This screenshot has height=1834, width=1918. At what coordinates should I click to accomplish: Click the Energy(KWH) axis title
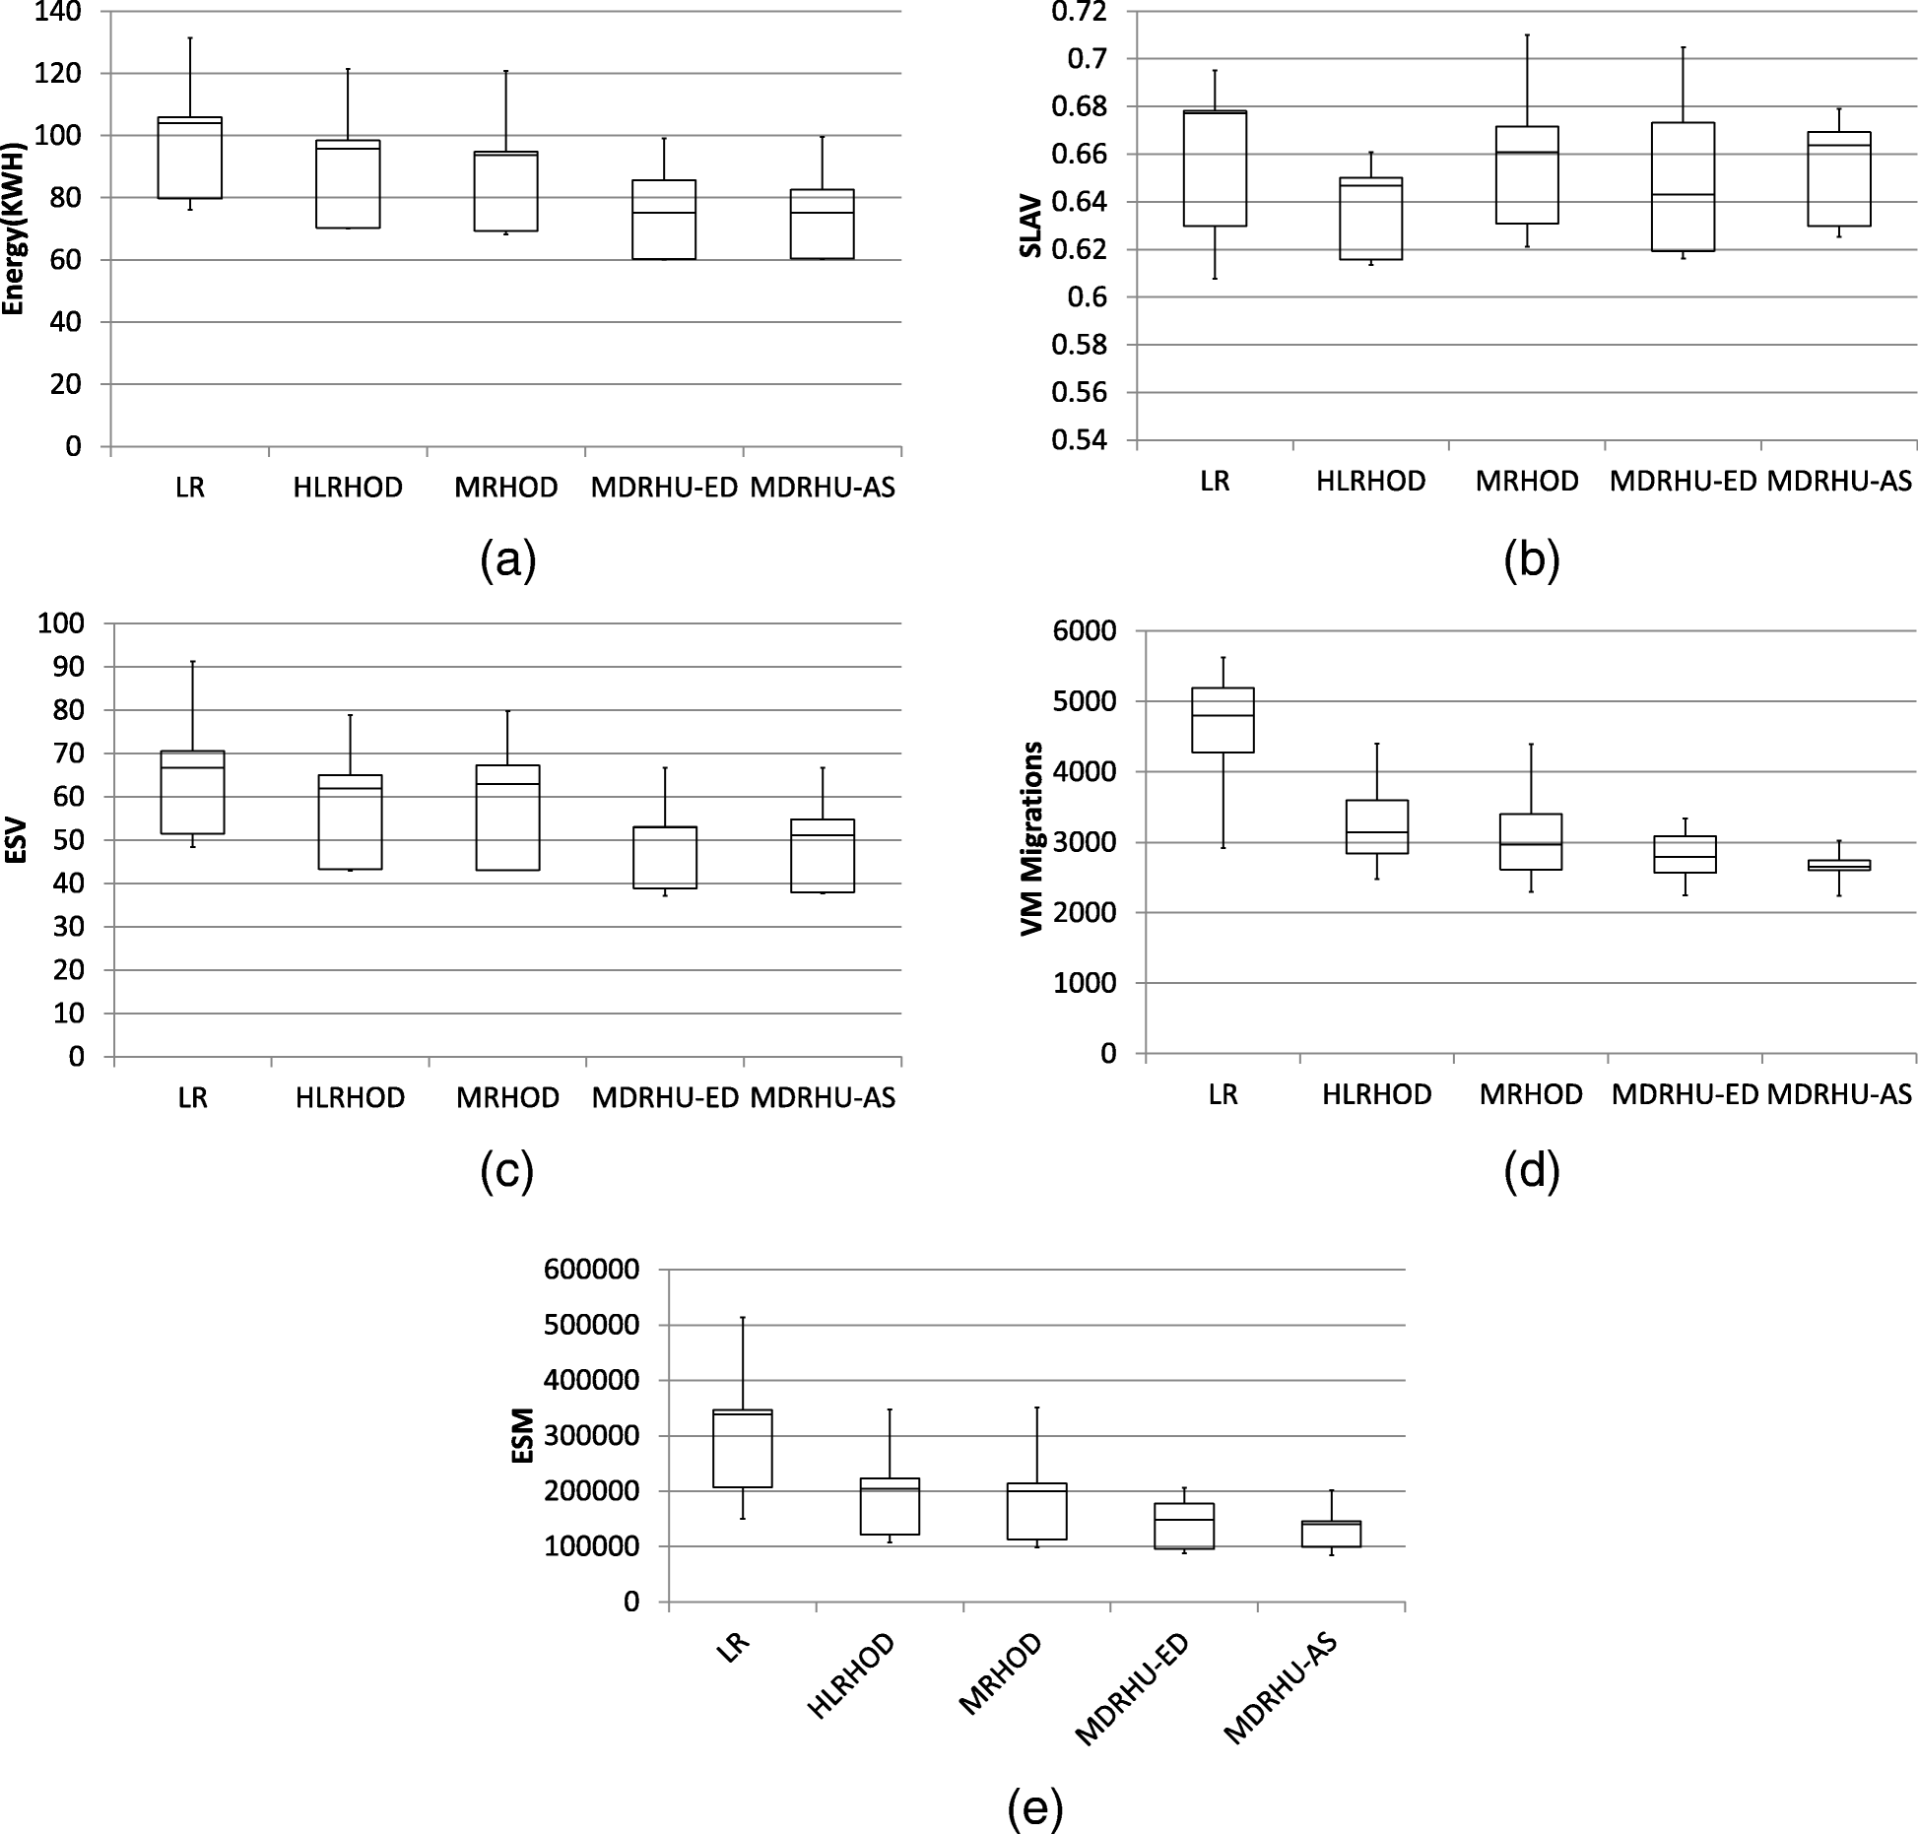pyautogui.click(x=14, y=228)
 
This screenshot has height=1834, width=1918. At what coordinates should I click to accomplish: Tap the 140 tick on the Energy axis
pyautogui.click(x=61, y=12)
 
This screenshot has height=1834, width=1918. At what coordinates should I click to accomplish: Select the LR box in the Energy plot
pyautogui.click(x=190, y=158)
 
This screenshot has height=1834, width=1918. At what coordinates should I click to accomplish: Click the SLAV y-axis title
pyautogui.click(x=1030, y=228)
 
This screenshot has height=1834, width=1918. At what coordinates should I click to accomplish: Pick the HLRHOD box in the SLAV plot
pyautogui.click(x=1371, y=219)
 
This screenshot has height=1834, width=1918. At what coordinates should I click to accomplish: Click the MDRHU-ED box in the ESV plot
pyautogui.click(x=666, y=857)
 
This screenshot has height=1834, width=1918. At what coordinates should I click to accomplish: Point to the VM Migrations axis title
pyautogui.click(x=1032, y=839)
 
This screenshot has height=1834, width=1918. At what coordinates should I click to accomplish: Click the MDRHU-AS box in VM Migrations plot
pyautogui.click(x=1839, y=865)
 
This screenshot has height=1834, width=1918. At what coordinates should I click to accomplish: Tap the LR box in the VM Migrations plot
pyautogui.click(x=1223, y=720)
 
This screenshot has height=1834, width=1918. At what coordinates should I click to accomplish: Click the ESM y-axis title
pyautogui.click(x=522, y=1435)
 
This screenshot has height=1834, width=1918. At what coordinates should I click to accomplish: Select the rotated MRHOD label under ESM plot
pyautogui.click(x=999, y=1674)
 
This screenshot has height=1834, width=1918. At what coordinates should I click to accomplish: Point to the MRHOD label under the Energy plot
pyautogui.click(x=506, y=487)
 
